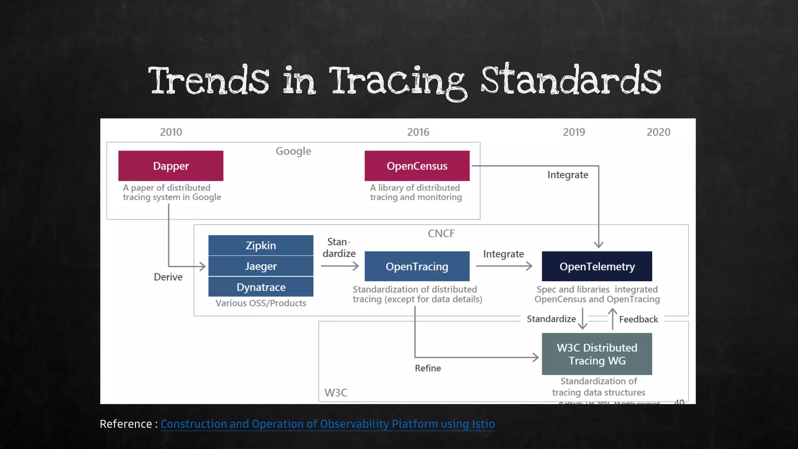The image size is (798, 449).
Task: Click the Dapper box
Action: (171, 166)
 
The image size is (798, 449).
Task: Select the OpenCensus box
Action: (417, 166)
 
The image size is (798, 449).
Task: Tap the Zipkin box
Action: (261, 246)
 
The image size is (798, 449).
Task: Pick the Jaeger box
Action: (261, 266)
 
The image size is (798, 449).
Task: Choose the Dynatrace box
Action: (261, 287)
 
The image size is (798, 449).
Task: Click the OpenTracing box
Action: (417, 267)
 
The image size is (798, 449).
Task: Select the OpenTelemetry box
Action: (597, 267)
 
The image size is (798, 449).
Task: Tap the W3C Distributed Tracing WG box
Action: (597, 354)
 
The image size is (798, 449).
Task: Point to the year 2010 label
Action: (171, 132)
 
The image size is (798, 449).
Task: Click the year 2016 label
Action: (418, 132)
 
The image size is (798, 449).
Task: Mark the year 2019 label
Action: (574, 132)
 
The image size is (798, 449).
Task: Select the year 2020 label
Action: (659, 132)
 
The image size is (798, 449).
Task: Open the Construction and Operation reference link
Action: (327, 424)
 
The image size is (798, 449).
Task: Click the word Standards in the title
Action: (571, 81)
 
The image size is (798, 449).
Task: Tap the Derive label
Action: (168, 277)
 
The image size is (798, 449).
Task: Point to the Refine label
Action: (428, 368)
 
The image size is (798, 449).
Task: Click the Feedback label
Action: (638, 320)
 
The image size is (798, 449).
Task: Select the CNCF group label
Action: (441, 233)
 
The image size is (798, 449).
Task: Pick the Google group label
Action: (293, 151)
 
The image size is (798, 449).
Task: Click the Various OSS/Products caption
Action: (261, 303)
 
